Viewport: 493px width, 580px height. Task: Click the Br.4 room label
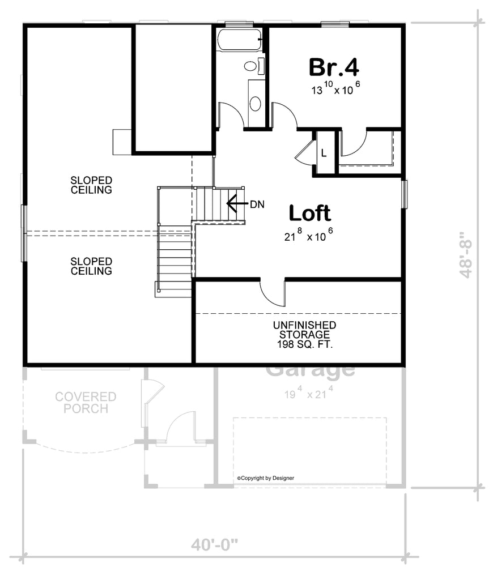tap(334, 67)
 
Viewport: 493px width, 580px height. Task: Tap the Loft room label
tap(310, 213)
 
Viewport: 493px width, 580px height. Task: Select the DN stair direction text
tap(257, 204)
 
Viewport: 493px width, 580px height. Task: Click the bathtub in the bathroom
tap(239, 40)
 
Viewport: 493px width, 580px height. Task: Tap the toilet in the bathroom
tap(252, 66)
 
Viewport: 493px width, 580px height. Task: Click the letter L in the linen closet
tap(324, 152)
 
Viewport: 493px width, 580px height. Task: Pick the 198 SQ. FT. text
tap(304, 344)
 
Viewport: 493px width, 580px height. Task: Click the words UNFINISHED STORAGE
tap(304, 330)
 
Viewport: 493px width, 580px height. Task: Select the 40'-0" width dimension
tap(214, 545)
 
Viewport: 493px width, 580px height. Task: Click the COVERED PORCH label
tap(86, 402)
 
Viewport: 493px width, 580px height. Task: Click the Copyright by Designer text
tap(265, 478)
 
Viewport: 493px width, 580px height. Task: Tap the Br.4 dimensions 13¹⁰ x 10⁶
tap(335, 88)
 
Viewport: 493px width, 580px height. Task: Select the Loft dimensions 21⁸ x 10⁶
tap(308, 236)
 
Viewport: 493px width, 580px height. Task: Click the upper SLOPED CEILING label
tap(91, 185)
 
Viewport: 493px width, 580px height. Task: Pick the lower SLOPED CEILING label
tap(91, 266)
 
